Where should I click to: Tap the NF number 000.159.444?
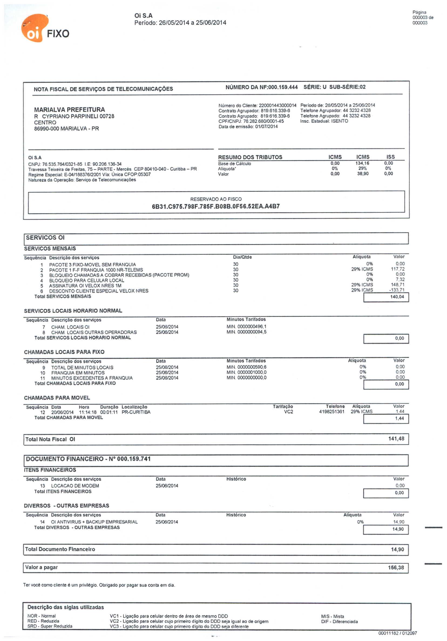tap(282, 87)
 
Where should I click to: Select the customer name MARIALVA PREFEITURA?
tap(69, 110)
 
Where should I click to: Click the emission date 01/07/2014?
tap(266, 127)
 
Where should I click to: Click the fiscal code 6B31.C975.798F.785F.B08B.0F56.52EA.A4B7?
tap(216, 206)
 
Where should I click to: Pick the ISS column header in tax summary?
tap(390, 157)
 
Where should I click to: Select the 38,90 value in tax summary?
tap(363, 174)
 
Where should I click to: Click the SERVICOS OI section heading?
tap(45, 238)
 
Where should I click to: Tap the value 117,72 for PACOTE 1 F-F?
tap(398, 269)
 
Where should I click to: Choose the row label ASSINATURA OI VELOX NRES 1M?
tap(85, 286)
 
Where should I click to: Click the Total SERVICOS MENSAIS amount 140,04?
tap(397, 297)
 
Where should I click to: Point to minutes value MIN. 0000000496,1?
tap(246, 327)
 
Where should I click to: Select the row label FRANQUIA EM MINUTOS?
tap(78, 373)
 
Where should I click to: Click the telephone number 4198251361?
tap(332, 412)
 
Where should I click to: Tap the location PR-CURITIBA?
tap(136, 412)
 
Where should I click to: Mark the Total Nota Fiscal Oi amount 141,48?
tap(396, 439)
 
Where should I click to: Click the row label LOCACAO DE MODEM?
tap(75, 486)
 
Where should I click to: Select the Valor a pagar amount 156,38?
tap(396, 568)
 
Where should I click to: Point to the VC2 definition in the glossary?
tap(189, 621)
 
